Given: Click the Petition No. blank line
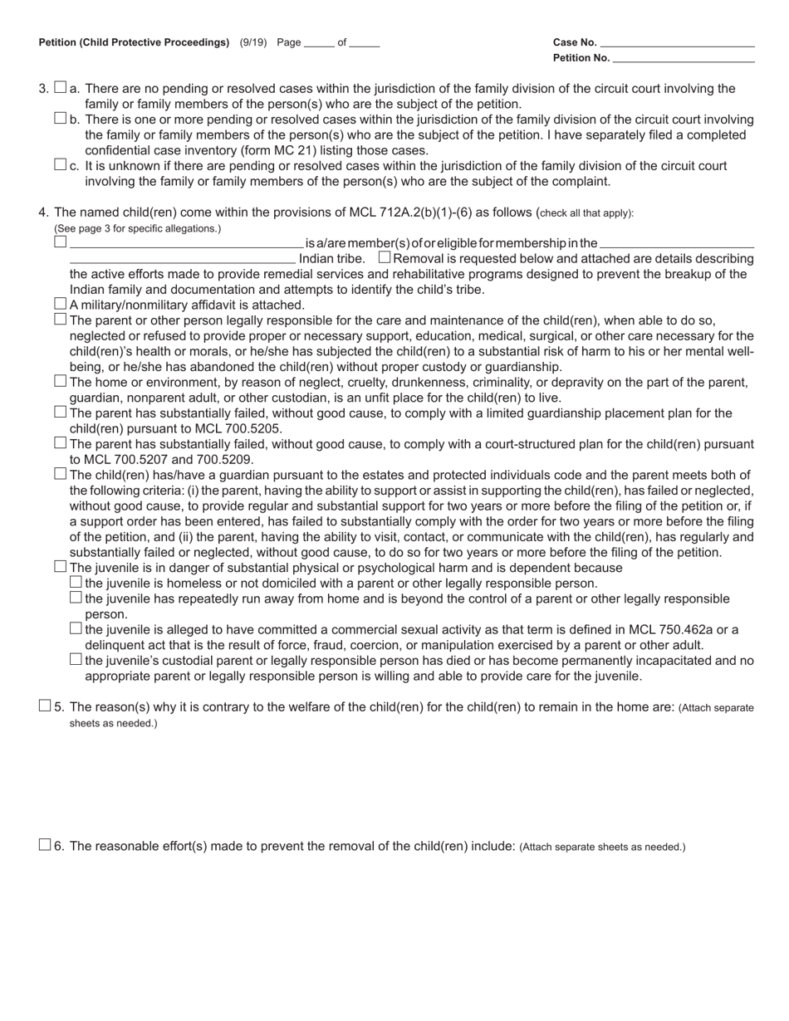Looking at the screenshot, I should point(683,58).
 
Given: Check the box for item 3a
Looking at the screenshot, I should point(60,87).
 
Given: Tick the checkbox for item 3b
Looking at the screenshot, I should point(60,118).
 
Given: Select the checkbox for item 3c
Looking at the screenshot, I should point(60,164).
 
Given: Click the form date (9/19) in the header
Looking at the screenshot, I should point(252,42).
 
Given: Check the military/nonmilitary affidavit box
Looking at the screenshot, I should point(60,304).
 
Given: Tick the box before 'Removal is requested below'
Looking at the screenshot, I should point(384,257).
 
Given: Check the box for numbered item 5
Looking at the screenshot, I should point(45,706).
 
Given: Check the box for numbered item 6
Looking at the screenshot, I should point(45,845).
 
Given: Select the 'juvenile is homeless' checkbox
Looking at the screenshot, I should point(76,582).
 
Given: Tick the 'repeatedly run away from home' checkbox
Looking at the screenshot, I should point(76,598).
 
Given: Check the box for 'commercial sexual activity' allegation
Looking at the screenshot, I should point(76,628).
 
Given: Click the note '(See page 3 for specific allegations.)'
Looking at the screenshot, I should point(138,228).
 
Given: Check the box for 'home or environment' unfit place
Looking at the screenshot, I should point(60,381).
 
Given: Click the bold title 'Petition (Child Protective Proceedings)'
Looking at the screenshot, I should point(134,42).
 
